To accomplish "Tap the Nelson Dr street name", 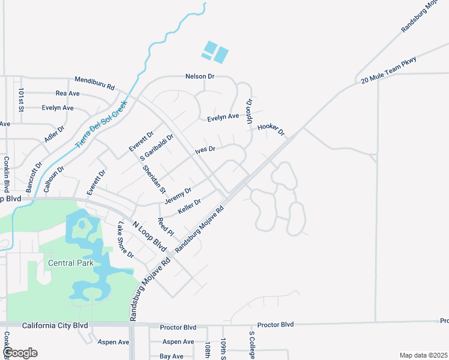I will point(200,77).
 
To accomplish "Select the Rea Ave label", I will point(67,94).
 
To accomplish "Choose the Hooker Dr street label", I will point(270,129).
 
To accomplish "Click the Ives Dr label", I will point(205,149).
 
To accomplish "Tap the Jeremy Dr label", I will point(178,195).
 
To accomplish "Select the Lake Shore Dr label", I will point(125,240).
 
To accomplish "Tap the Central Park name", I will point(70,263).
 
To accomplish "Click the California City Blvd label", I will point(55,326).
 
